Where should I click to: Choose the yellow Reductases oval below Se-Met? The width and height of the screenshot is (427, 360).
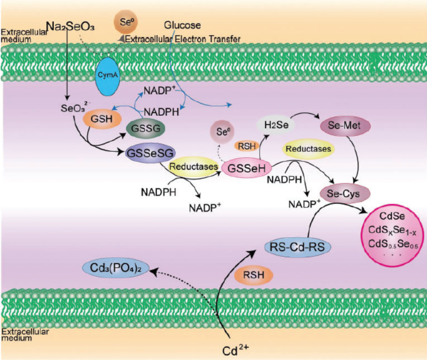coord(308,149)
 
